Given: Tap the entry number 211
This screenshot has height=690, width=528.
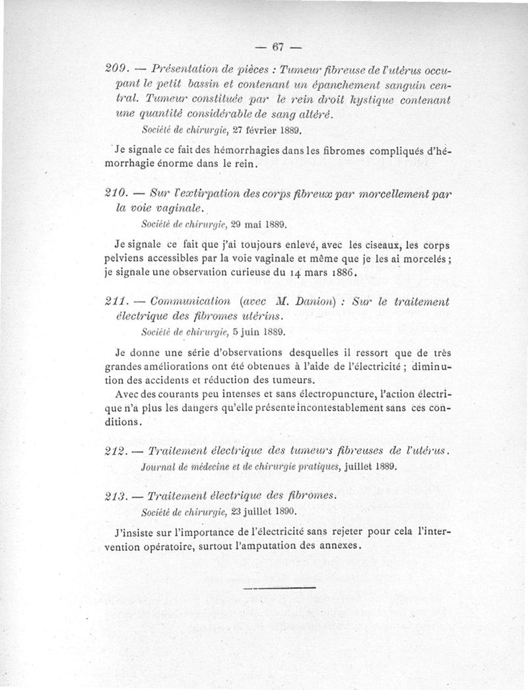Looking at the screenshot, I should pyautogui.click(x=117, y=302).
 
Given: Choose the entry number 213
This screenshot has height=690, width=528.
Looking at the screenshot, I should pyautogui.click(x=117, y=495).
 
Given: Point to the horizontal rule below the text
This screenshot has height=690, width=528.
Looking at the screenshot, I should pyautogui.click(x=279, y=587).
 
